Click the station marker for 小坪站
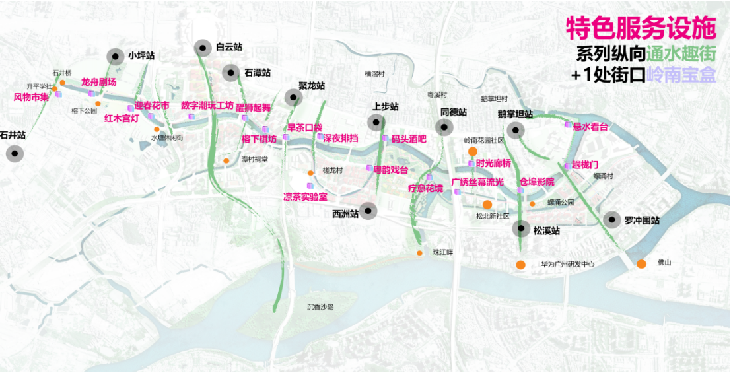coord(117,56)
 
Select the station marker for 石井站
coord(15,154)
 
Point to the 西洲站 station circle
coord(368,211)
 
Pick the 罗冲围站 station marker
coord(613,221)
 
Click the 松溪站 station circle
coord(522,229)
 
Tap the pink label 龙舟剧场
coord(99,82)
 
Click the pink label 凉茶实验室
coord(306,197)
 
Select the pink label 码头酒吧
coord(409,139)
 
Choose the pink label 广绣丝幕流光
coord(477,182)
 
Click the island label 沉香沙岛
coord(321,306)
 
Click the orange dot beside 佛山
coord(641,264)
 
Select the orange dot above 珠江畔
coord(419,253)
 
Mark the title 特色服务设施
coord(641,28)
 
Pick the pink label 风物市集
coord(32,97)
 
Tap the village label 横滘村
coord(374,74)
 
